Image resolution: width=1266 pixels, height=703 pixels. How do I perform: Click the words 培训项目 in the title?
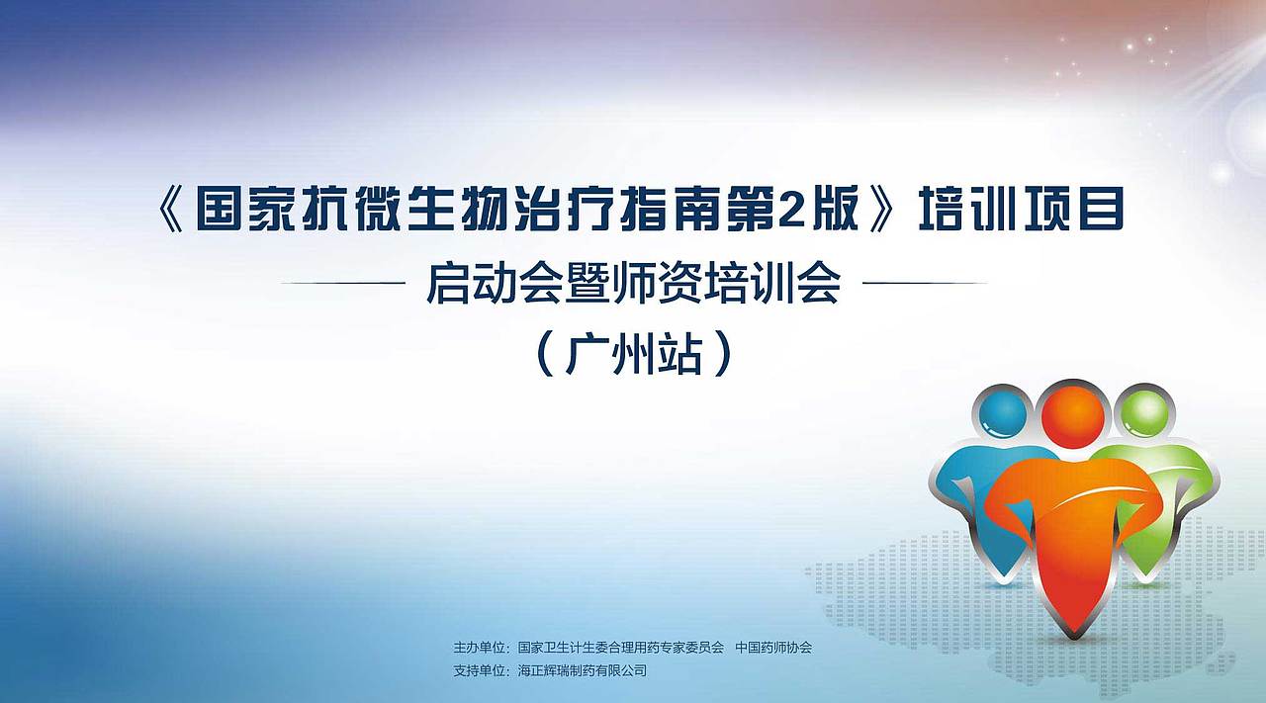pos(1022,210)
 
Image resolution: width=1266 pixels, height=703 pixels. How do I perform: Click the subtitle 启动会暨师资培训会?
pos(633,284)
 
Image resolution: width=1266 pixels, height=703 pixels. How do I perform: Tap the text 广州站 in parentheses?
pos(634,353)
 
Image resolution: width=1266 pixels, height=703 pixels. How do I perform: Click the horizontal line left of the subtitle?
pos(343,284)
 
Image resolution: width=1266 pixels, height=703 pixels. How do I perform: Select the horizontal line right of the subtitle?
pos(925,284)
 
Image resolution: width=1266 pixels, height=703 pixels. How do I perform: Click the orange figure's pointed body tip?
pos(1073,623)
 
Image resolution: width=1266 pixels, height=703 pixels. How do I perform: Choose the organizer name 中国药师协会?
pos(773,648)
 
